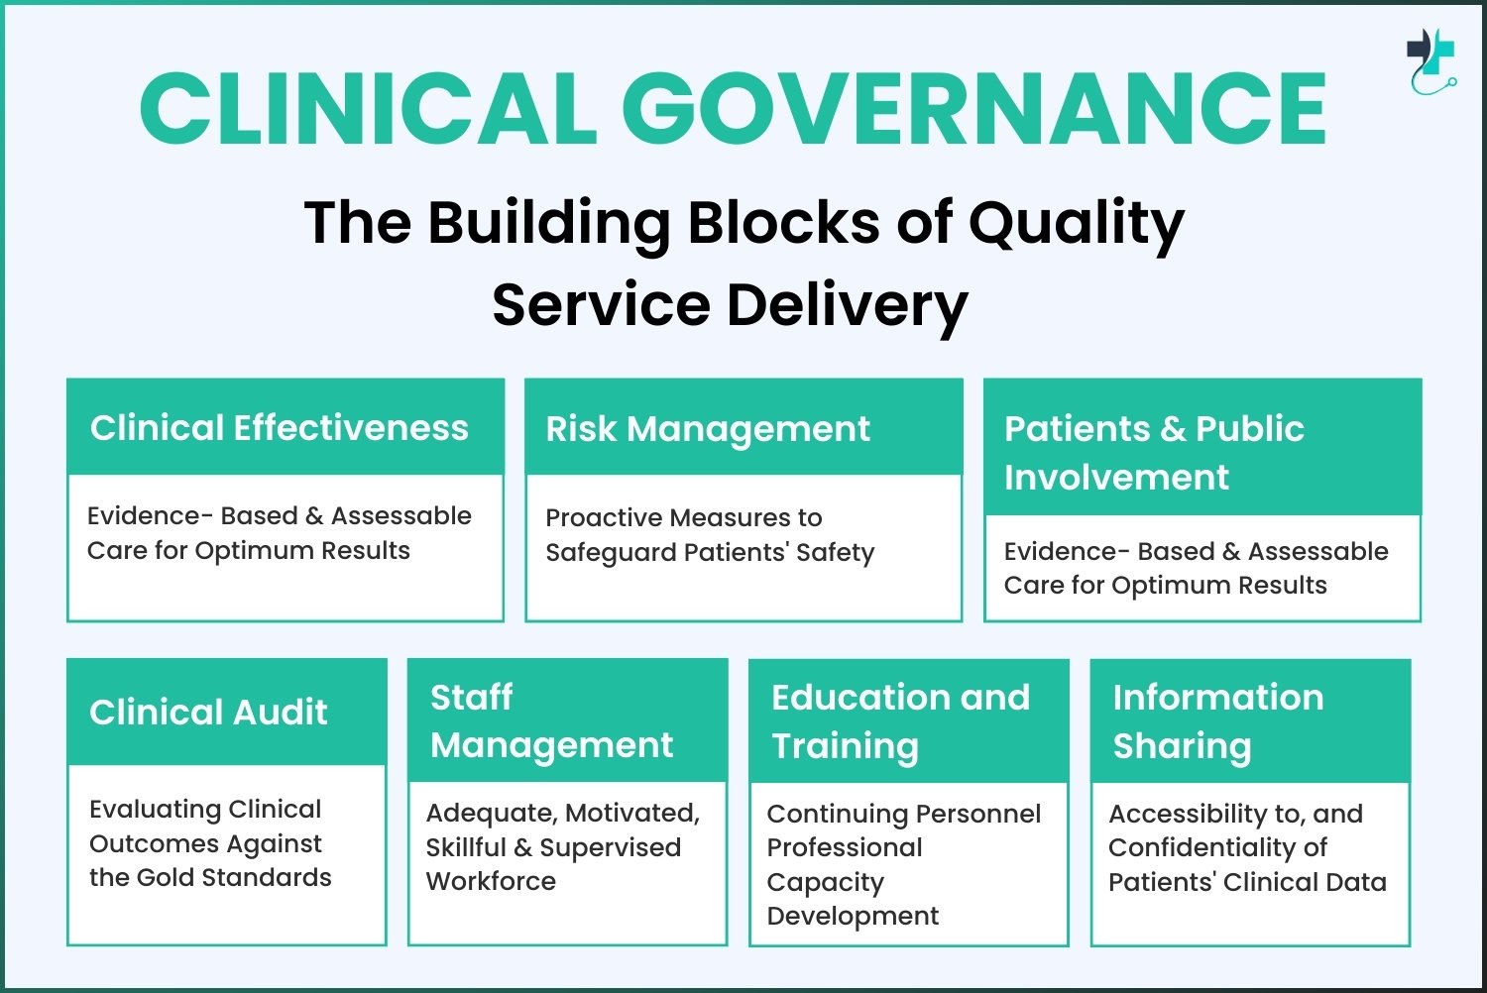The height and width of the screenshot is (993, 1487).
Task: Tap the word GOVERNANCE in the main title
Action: pyautogui.click(x=973, y=108)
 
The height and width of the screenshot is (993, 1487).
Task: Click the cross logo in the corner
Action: pyautogui.click(x=1431, y=61)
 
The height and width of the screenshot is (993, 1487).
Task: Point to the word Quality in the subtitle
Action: pyautogui.click(x=1076, y=224)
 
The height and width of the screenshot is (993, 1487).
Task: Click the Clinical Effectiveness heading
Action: pyautogui.click(x=280, y=427)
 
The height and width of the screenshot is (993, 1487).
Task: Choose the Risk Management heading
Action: pyautogui.click(x=708, y=430)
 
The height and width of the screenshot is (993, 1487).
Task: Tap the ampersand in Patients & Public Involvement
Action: pyautogui.click(x=1174, y=429)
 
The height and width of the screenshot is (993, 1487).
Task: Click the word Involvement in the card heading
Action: pyautogui.click(x=1116, y=478)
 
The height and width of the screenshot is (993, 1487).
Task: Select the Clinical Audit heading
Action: pyautogui.click(x=208, y=713)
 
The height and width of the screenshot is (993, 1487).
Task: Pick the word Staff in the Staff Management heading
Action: pyautogui.click(x=471, y=697)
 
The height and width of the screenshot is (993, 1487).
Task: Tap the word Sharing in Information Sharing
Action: pyautogui.click(x=1183, y=747)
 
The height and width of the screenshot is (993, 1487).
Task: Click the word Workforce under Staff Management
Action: pyautogui.click(x=492, y=881)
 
